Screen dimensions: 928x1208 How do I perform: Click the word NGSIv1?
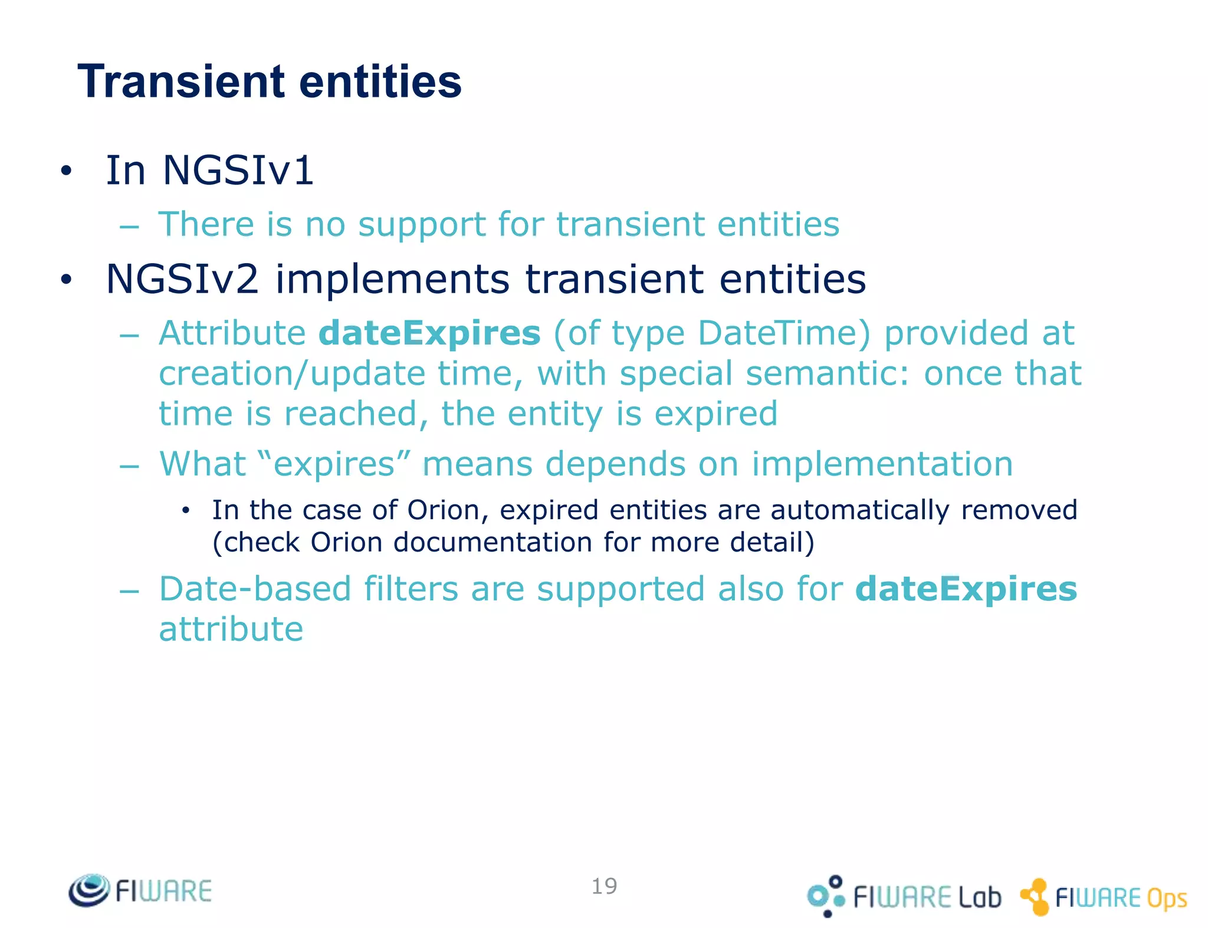[238, 170]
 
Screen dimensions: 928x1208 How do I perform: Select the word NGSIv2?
[182, 279]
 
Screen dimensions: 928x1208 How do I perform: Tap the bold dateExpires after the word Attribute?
[429, 333]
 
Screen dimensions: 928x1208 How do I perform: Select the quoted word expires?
[334, 464]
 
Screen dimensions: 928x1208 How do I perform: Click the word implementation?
[882, 464]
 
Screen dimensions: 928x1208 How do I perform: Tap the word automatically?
[860, 510]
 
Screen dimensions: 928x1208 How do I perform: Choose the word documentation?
[493, 543]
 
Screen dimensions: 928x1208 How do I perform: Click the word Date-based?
[255, 589]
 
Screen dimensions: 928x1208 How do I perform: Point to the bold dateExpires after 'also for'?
[966, 589]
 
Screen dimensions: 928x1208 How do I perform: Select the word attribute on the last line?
[231, 629]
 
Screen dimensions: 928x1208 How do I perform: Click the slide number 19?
[604, 886]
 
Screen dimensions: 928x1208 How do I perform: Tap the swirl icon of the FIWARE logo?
[88, 890]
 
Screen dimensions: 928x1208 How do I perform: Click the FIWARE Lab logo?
[904, 897]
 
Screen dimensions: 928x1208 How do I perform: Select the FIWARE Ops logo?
[1104, 897]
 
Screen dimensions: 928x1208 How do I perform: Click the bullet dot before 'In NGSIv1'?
[66, 171]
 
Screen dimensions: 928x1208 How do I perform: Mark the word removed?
[1019, 510]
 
